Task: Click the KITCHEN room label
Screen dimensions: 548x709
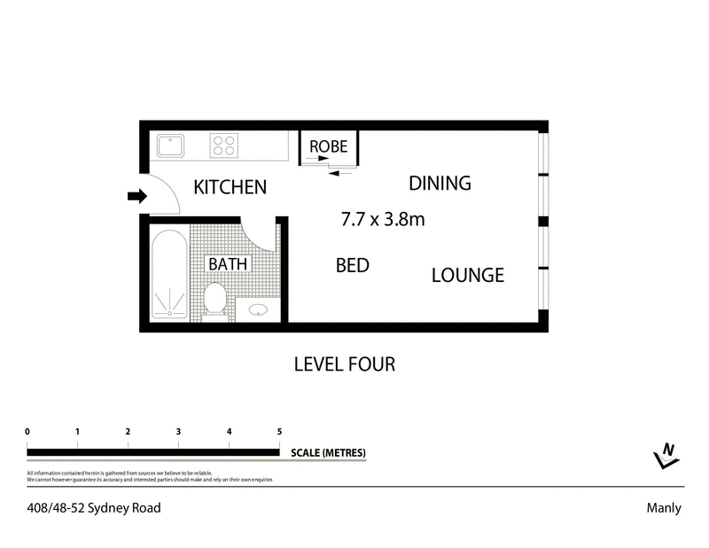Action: tap(230, 187)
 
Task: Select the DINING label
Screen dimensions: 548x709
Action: tap(439, 184)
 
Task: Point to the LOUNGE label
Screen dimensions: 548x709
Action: tap(467, 275)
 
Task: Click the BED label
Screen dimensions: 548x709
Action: tap(352, 265)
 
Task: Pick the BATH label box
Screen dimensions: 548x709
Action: tap(229, 264)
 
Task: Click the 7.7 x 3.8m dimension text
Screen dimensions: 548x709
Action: tap(383, 218)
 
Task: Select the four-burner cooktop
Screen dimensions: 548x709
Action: tap(224, 144)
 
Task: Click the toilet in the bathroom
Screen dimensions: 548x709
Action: tap(214, 299)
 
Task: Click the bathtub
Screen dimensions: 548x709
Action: tap(168, 275)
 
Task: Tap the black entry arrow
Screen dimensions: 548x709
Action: tap(136, 196)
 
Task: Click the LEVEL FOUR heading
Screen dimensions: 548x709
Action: tap(344, 364)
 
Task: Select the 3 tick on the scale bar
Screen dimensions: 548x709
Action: tap(179, 432)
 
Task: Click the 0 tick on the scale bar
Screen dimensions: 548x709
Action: tap(28, 432)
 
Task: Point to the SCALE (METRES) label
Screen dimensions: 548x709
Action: tap(328, 452)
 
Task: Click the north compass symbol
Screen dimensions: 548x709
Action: tap(666, 455)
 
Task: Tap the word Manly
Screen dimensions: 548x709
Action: tap(664, 509)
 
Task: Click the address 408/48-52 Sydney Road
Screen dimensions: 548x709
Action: tap(93, 509)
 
